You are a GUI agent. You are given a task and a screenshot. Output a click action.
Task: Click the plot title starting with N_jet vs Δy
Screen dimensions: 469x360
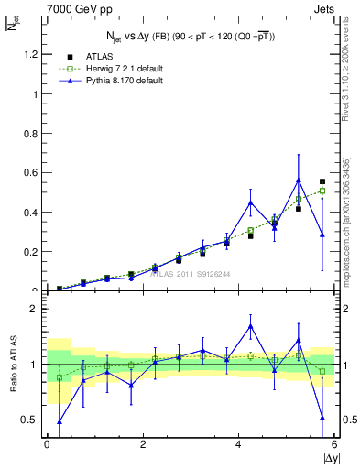(190, 36)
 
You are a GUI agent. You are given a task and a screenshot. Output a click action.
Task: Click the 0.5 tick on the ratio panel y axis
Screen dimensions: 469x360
(29, 420)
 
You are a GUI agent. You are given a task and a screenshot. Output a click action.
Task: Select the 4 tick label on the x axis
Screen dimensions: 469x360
(239, 444)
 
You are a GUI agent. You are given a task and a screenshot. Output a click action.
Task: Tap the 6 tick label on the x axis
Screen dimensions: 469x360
(335, 444)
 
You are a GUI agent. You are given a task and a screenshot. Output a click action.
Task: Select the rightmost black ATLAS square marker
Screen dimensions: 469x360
(322, 181)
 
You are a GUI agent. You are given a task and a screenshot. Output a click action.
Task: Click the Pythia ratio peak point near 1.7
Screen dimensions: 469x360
(250, 325)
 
